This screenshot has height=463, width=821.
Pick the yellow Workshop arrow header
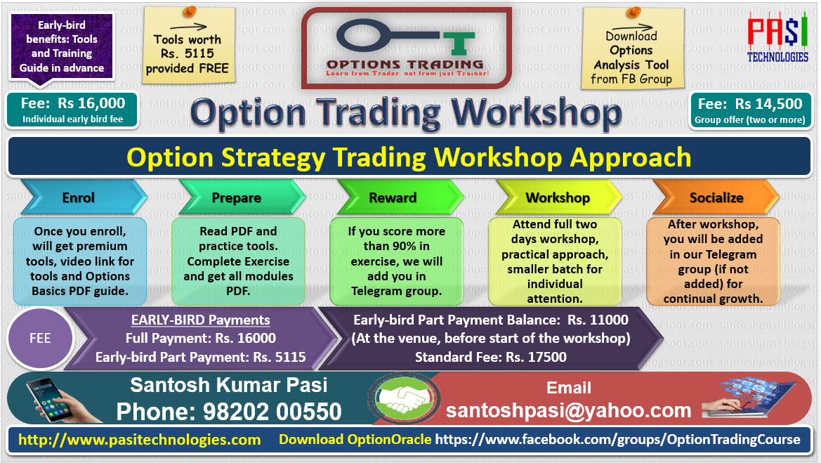(x=558, y=197)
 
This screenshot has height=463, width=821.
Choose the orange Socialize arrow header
(x=716, y=197)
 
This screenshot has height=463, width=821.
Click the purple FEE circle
(x=40, y=339)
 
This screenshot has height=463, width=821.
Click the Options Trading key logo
(x=407, y=48)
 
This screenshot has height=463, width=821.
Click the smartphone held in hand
(x=50, y=399)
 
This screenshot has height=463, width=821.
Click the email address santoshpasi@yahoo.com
(x=569, y=410)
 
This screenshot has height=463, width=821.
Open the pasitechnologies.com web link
(x=139, y=439)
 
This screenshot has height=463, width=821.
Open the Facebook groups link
(x=618, y=439)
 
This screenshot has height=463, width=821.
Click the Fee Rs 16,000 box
(x=72, y=110)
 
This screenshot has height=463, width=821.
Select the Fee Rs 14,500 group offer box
(x=750, y=110)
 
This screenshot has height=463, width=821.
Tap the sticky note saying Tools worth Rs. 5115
(x=188, y=46)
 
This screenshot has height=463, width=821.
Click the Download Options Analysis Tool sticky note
(x=633, y=48)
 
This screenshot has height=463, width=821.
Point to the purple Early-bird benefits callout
(x=62, y=47)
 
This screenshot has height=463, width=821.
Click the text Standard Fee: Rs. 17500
(x=491, y=357)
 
